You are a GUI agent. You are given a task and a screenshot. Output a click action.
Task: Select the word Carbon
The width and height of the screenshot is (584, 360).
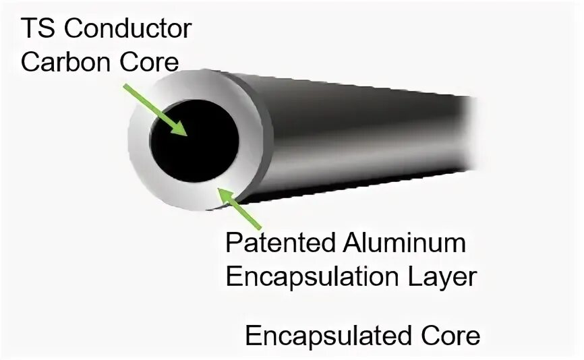point(62,62)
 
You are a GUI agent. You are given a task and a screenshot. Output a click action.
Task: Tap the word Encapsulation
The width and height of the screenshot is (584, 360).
point(308,276)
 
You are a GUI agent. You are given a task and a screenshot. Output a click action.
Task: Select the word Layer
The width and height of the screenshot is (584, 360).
point(436,276)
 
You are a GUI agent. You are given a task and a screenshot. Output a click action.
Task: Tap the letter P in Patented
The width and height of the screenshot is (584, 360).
point(233,242)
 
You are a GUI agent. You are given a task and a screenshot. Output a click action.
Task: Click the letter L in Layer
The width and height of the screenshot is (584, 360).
point(404,276)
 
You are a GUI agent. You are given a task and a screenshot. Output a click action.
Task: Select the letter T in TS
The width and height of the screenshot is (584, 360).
point(29,30)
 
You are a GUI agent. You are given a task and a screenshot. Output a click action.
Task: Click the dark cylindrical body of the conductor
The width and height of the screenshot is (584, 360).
point(351,142)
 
